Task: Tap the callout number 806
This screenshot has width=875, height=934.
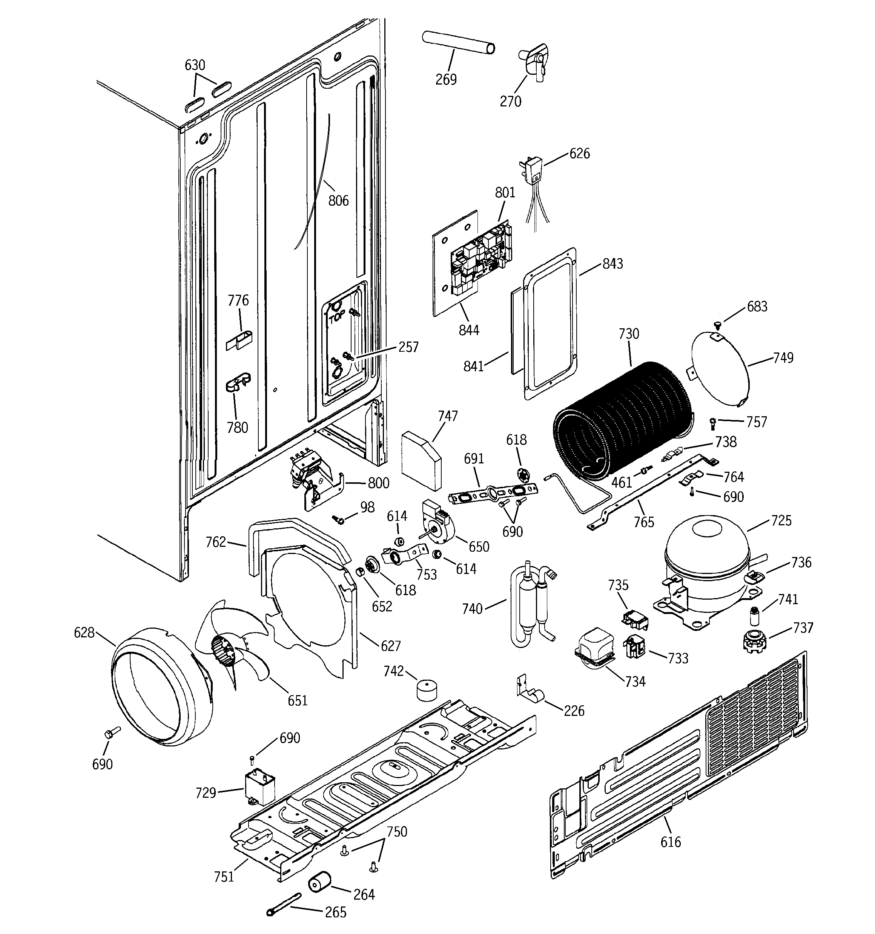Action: point(338,201)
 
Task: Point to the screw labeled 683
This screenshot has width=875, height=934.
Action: point(717,324)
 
